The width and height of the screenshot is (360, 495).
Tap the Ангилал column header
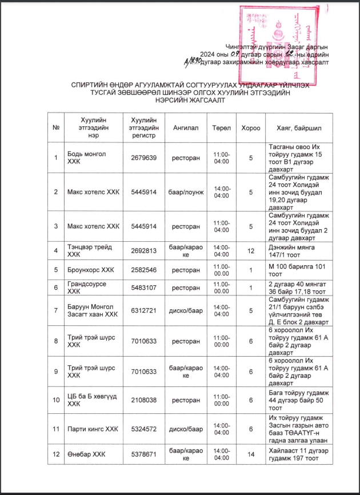[186, 128]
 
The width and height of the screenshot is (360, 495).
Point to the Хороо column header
[250, 128]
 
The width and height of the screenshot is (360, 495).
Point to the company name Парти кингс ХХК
[92, 429]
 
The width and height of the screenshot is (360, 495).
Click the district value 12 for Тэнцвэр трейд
[250, 251]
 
